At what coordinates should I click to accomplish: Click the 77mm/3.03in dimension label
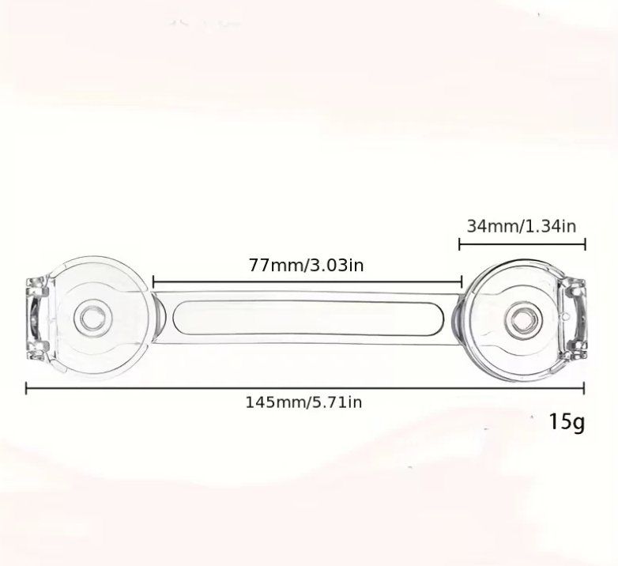(x=307, y=265)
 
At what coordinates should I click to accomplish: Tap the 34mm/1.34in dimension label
(x=522, y=226)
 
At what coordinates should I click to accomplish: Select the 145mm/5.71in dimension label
(x=303, y=402)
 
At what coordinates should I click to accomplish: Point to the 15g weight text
(x=567, y=422)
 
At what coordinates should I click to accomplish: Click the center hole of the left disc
(x=94, y=318)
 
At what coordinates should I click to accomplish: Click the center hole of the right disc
(x=522, y=318)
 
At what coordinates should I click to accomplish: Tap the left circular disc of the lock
(x=100, y=318)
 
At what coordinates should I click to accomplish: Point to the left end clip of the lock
(x=37, y=319)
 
